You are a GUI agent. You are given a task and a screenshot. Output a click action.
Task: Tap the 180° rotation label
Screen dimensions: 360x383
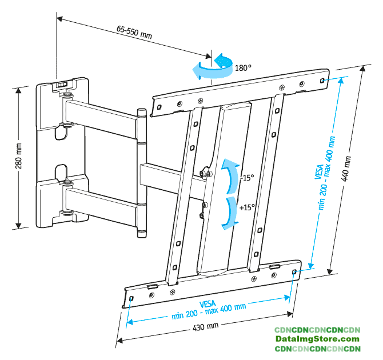[x=243, y=67]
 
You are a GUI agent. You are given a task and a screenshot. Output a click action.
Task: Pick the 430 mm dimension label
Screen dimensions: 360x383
[x=206, y=327]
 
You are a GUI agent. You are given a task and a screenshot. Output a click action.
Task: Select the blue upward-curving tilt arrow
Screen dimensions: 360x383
[x=230, y=175]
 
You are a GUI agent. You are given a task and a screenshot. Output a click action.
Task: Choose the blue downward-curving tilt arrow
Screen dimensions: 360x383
[x=230, y=213]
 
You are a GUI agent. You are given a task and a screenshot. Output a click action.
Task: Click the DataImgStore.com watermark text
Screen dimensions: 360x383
[x=317, y=339]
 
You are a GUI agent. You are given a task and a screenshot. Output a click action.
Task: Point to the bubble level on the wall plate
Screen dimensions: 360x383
[x=62, y=84]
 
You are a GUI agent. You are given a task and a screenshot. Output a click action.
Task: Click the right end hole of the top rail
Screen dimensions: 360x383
[x=324, y=80]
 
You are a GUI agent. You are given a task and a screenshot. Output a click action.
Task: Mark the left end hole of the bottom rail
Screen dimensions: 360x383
[x=131, y=298]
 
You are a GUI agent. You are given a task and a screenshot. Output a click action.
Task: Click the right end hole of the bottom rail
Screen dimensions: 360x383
[x=294, y=272]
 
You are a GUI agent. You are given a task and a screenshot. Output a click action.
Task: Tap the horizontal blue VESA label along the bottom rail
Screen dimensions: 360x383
[x=209, y=305]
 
